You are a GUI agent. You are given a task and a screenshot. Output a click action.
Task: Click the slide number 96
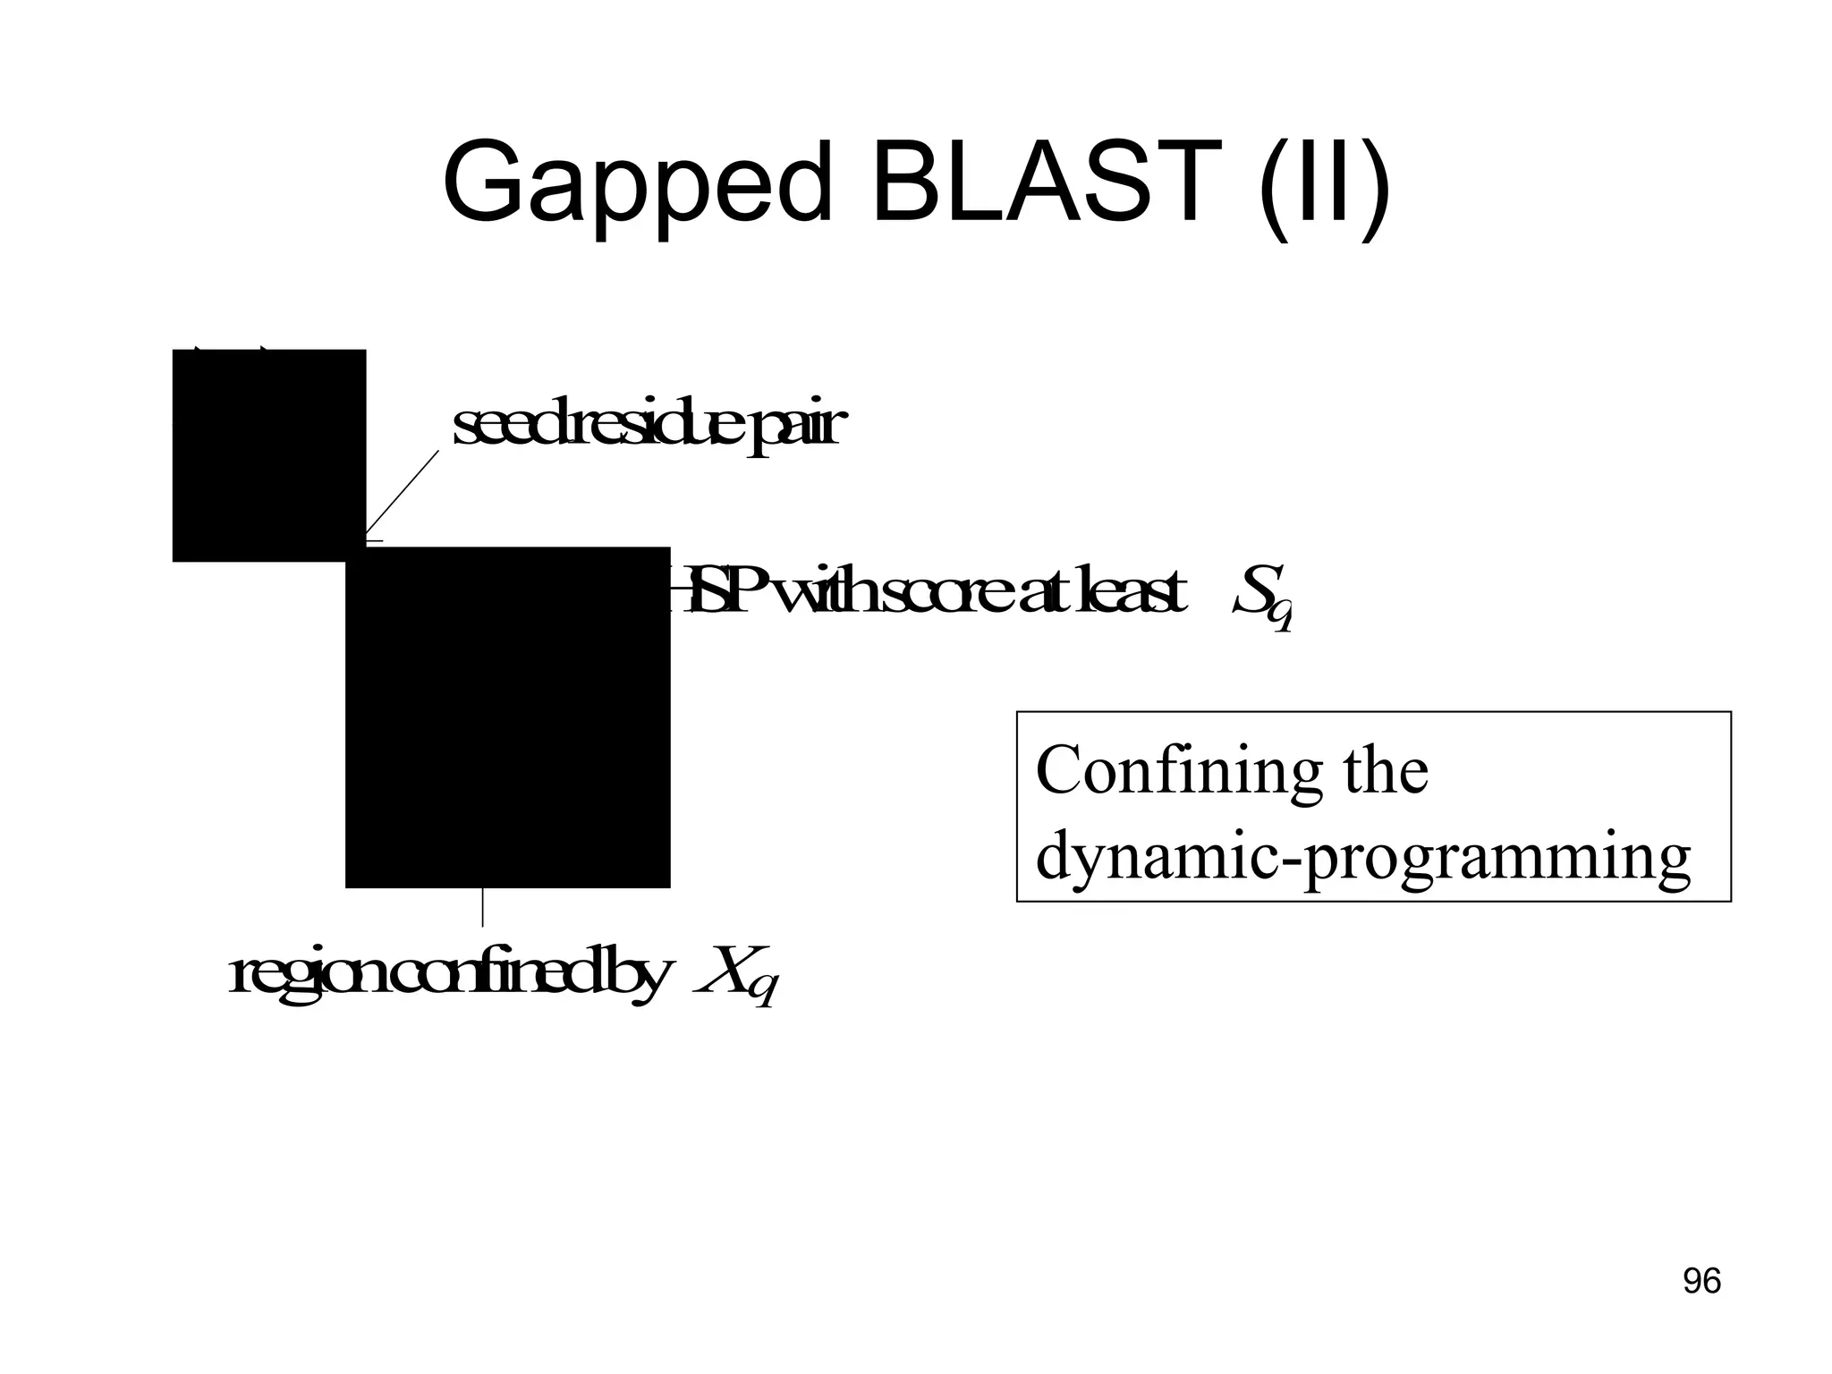tap(1701, 1281)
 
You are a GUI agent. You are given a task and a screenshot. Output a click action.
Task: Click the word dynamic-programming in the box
tap(1362, 856)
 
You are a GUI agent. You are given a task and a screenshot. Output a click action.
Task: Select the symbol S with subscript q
tap(1261, 595)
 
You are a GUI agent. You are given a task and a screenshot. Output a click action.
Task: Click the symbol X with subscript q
tap(737, 975)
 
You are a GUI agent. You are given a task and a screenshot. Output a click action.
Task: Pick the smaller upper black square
tap(268, 454)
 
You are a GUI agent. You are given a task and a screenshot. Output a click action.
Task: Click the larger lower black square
tap(507, 717)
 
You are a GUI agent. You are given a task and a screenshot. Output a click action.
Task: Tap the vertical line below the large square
tap(483, 907)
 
